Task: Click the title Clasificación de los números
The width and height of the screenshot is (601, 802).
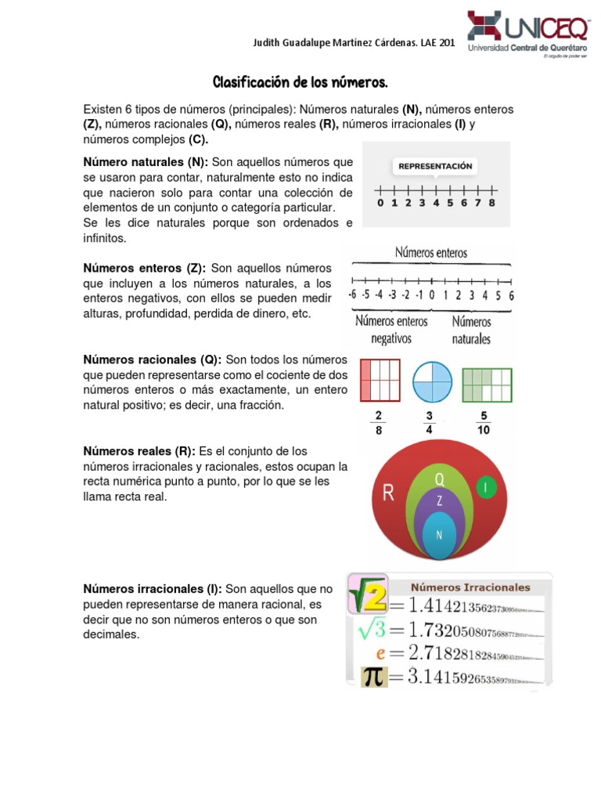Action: tap(300, 82)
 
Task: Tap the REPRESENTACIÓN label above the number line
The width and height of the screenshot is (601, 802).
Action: tap(435, 166)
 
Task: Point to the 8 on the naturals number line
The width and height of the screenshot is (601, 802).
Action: tap(491, 203)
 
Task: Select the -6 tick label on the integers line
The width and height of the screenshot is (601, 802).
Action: tap(353, 295)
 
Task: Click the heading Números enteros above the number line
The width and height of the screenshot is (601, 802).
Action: tap(430, 253)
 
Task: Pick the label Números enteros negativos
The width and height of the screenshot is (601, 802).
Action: tap(391, 330)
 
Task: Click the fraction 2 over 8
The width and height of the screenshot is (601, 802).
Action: tap(379, 422)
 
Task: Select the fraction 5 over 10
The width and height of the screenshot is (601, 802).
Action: tap(484, 422)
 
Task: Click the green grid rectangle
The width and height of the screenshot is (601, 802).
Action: tap(487, 385)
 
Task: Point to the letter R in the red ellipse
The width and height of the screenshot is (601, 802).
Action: tap(388, 493)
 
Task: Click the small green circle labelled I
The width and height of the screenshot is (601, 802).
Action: tap(485, 487)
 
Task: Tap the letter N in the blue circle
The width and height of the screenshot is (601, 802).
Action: tap(439, 535)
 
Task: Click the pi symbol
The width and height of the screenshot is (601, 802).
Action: tap(372, 676)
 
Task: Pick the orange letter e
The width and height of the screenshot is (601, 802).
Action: tap(380, 652)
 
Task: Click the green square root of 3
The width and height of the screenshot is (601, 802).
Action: tap(372, 629)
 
